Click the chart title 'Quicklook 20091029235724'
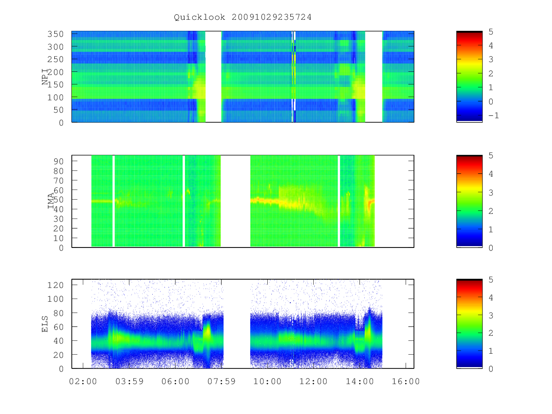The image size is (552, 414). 242,17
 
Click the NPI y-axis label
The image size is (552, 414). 45,77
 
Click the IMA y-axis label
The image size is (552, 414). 51,201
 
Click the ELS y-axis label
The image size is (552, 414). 45,324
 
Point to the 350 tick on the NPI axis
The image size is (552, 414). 55,34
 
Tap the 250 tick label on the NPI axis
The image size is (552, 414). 55,59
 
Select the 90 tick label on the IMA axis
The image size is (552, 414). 58,161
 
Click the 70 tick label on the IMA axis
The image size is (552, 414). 58,180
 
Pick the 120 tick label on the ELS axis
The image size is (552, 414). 55,285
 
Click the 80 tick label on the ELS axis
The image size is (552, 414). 58,313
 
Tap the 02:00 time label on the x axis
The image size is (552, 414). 83,381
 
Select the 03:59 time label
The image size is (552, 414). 129,381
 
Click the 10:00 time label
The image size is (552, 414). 267,381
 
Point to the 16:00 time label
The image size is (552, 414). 406,381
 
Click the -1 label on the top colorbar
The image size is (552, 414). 494,115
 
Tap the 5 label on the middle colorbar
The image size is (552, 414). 491,155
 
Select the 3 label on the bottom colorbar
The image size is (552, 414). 491,315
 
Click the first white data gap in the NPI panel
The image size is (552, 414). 213,77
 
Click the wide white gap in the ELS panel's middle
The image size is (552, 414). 236,324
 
